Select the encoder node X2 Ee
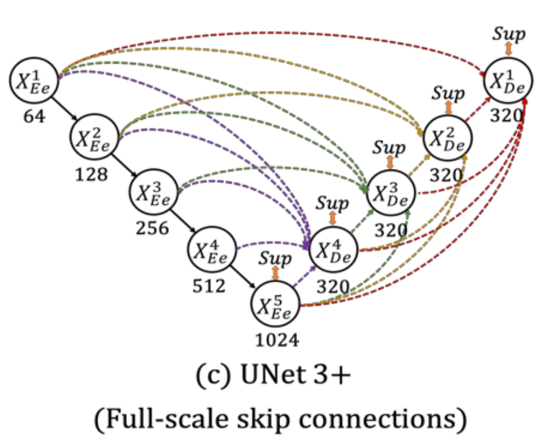pos(94,136)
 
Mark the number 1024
pos(275,341)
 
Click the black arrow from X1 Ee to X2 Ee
pos(65,108)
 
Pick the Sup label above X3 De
pos(389,146)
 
